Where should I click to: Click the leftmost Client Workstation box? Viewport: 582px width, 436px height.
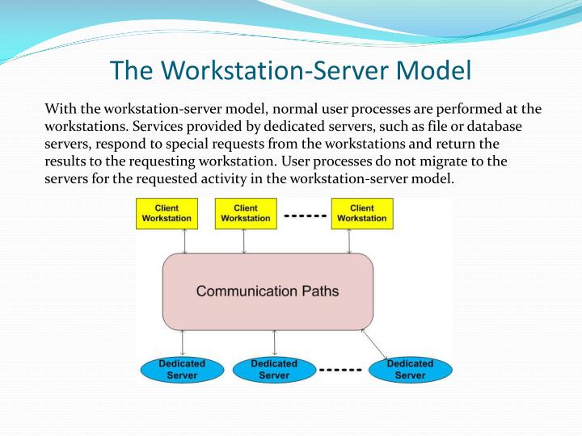click(x=167, y=213)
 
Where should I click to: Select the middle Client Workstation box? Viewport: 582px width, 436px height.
click(x=246, y=213)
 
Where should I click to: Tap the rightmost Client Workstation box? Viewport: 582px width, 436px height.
click(x=361, y=213)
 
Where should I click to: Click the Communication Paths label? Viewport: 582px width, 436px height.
click(x=268, y=291)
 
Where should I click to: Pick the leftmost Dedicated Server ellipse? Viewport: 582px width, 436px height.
click(x=182, y=370)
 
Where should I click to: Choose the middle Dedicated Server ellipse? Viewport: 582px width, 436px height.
click(x=274, y=370)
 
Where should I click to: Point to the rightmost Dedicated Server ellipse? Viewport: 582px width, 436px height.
click(x=410, y=370)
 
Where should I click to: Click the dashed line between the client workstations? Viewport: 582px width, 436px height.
click(x=304, y=216)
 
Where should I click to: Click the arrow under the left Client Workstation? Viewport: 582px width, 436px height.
click(x=185, y=241)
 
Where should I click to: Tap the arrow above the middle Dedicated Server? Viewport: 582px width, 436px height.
click(x=275, y=343)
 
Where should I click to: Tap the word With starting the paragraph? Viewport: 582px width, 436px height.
click(x=60, y=109)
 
